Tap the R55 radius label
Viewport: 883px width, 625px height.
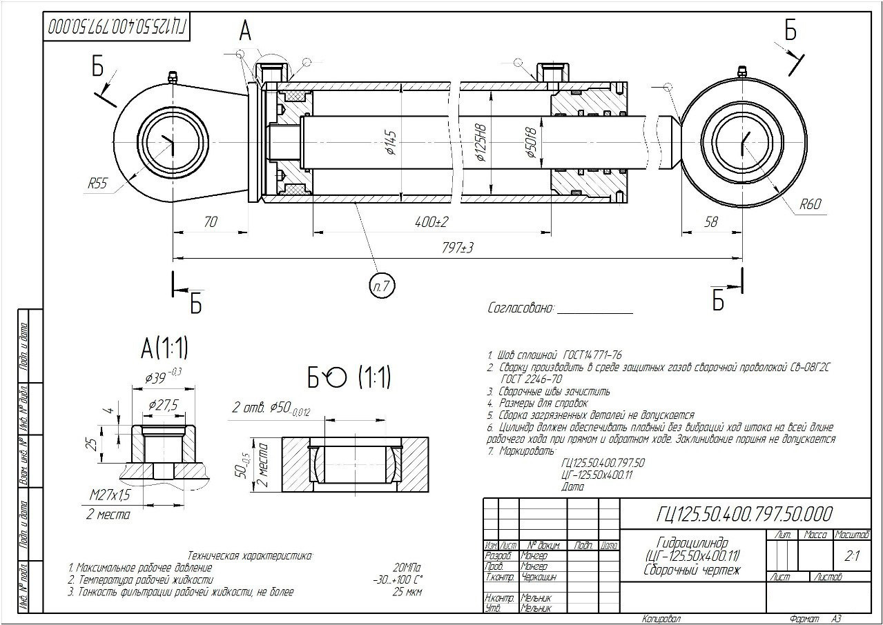click(99, 184)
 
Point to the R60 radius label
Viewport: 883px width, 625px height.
click(812, 204)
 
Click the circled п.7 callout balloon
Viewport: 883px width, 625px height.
click(380, 286)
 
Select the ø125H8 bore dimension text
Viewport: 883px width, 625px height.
click(481, 143)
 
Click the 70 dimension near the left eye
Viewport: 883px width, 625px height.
click(211, 222)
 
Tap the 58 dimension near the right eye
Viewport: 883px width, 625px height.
click(711, 222)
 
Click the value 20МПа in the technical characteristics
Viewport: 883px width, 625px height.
click(407, 568)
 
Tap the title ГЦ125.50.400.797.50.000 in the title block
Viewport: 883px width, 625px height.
click(744, 515)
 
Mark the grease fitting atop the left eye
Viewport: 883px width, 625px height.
click(172, 77)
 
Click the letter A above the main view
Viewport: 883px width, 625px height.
click(245, 30)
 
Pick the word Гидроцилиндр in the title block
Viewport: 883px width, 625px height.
click(688, 543)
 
